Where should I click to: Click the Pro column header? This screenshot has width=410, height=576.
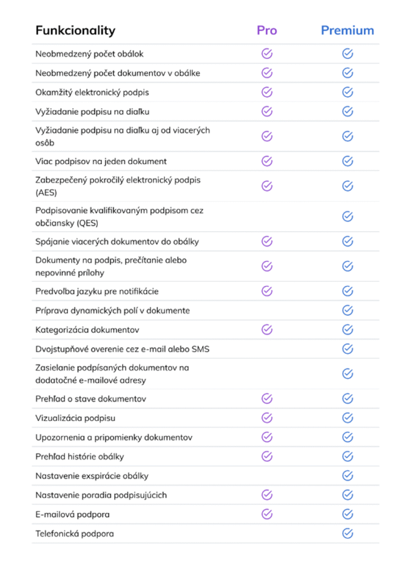point(267,30)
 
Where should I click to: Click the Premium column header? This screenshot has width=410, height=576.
point(347,30)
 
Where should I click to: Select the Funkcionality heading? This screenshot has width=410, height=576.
point(75,30)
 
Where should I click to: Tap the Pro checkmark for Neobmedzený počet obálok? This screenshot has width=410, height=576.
point(267,54)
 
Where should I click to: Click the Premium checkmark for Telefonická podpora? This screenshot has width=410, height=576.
point(348,533)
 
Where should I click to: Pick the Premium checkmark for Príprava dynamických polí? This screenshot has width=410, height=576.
point(348,310)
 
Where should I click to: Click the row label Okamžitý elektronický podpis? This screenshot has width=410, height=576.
point(92,92)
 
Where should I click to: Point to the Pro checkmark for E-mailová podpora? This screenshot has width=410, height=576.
point(267,514)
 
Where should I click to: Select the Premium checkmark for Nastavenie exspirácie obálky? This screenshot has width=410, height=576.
point(348,476)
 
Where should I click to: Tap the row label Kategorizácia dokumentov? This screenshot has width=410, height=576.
point(87,330)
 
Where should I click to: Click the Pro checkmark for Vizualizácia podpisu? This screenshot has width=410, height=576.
point(267,418)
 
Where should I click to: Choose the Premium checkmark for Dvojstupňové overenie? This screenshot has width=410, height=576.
point(348,349)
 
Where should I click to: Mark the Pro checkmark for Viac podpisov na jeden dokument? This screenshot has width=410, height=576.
point(267,161)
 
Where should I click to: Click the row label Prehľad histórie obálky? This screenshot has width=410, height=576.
point(80,456)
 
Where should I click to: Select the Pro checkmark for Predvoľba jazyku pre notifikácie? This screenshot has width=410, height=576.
point(267,291)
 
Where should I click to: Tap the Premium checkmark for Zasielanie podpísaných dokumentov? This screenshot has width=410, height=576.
point(348,373)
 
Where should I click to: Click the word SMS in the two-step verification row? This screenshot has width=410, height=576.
point(200,349)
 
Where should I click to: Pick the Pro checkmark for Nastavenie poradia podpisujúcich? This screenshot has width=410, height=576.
point(267,495)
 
